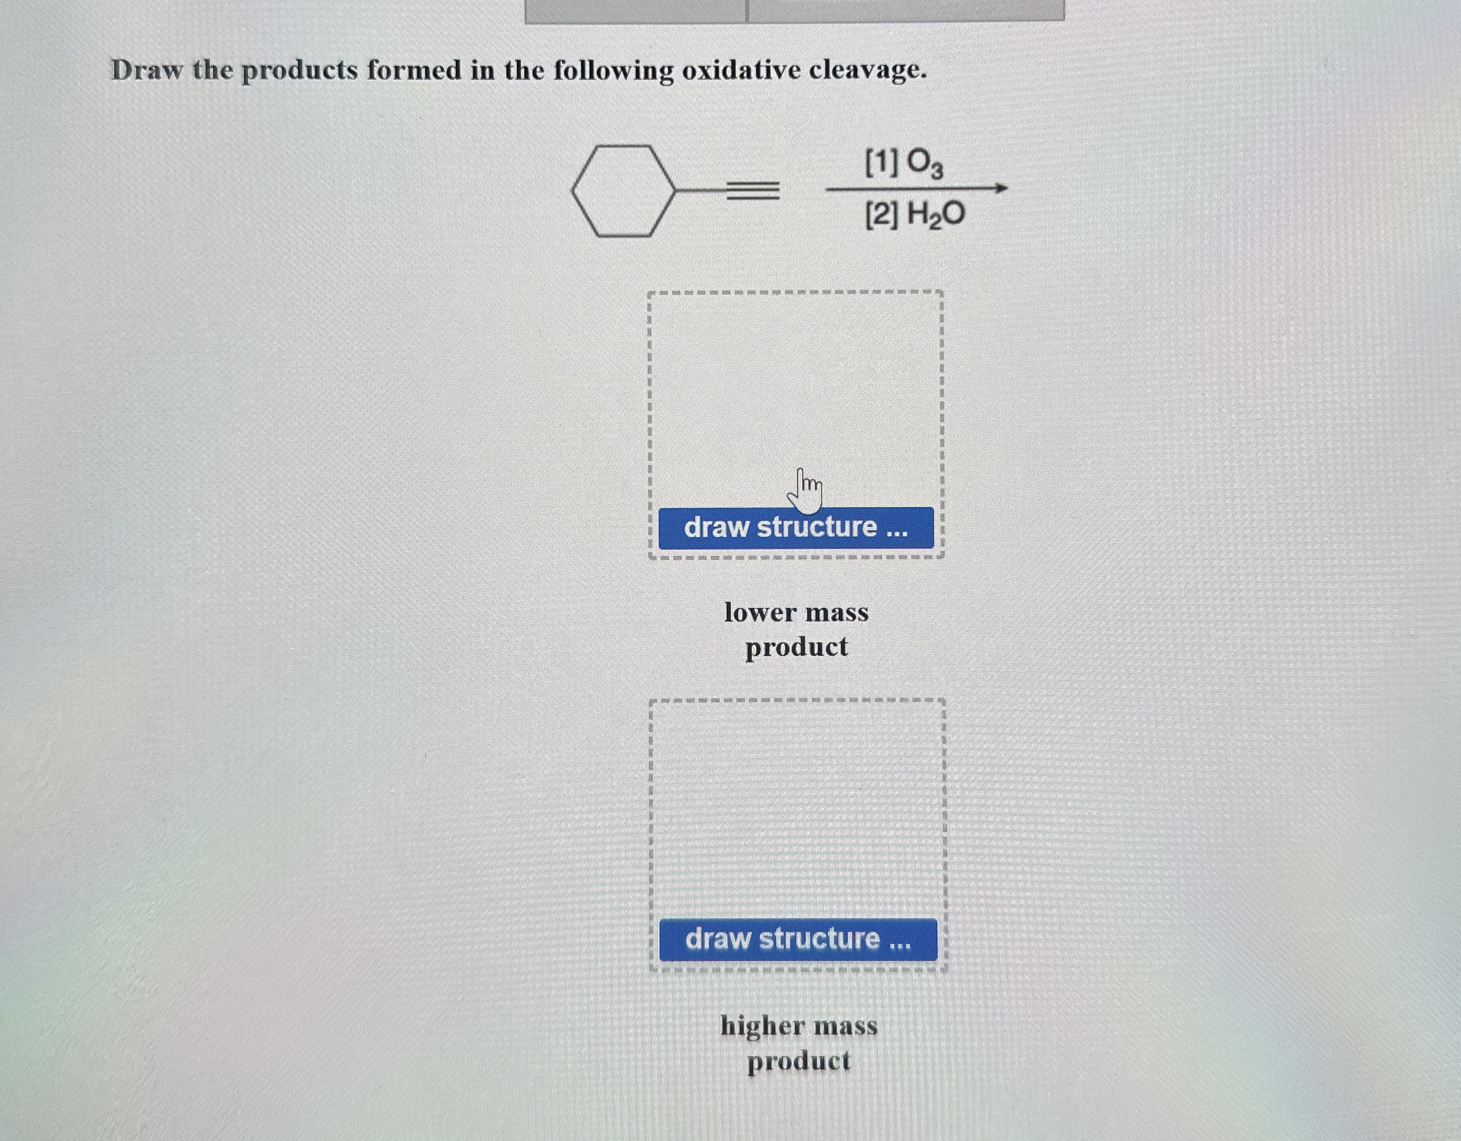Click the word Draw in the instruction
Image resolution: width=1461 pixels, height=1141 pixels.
coord(146,70)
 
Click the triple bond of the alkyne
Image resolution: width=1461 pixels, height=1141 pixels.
coord(752,192)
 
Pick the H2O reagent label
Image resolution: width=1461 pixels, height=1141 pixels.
coord(935,215)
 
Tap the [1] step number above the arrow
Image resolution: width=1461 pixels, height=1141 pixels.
coord(881,162)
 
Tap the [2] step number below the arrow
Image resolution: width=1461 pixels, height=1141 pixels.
coord(882,215)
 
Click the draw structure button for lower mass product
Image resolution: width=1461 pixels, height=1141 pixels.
coord(795,528)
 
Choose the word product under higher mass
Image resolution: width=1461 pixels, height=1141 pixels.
coord(799,1060)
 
